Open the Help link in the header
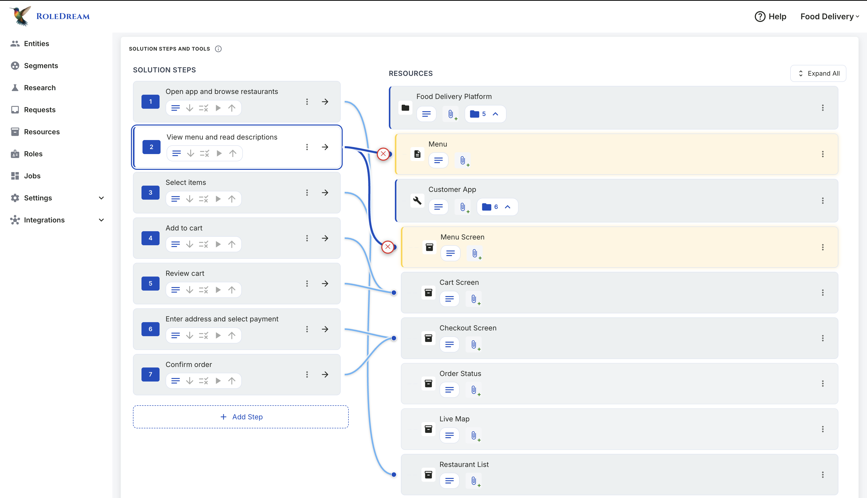(770, 17)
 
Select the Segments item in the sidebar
(41, 66)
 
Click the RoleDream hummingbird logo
(21, 16)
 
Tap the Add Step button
(241, 417)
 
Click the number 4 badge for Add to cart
(150, 238)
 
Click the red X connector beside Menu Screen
(388, 246)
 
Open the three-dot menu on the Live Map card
(823, 429)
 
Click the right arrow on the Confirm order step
(325, 375)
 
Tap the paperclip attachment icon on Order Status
(474, 390)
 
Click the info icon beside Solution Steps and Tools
(218, 49)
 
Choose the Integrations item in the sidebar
(44, 220)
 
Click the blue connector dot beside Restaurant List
(394, 474)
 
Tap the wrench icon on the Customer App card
(417, 200)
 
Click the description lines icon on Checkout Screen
(449, 344)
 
